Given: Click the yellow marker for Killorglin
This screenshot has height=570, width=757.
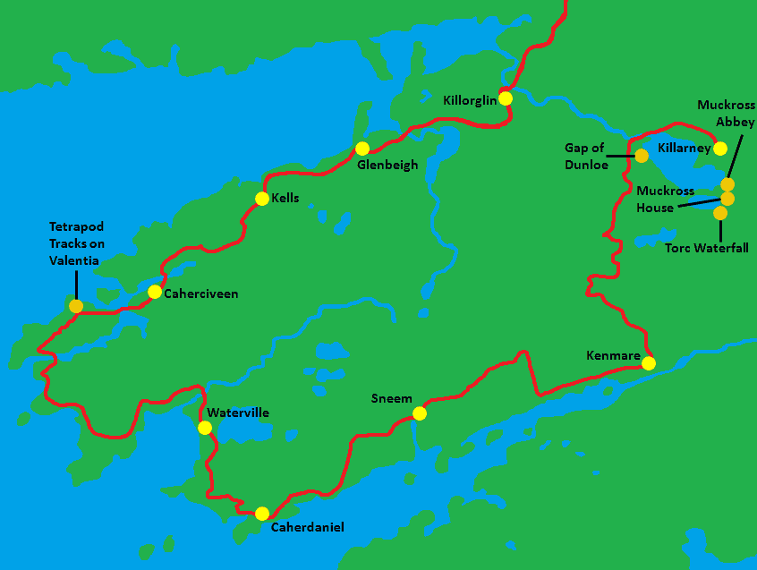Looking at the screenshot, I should tap(506, 98).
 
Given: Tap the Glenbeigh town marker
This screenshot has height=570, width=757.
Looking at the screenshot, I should tap(362, 149).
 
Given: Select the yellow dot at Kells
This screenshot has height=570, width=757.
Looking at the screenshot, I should tap(262, 199).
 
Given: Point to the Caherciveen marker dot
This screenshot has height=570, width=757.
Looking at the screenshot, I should tap(155, 292).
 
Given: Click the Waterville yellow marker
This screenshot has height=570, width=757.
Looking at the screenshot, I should tap(205, 428).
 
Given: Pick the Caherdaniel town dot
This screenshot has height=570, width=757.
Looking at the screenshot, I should tap(262, 514).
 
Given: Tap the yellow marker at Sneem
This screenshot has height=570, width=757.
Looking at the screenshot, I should tap(420, 413).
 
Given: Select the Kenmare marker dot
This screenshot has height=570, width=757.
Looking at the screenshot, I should tap(649, 363).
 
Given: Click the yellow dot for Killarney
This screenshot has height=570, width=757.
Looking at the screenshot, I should tap(720, 149).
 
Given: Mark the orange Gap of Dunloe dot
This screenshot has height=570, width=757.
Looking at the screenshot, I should tap(642, 156).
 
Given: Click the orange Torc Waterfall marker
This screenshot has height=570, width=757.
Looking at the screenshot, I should tap(720, 213).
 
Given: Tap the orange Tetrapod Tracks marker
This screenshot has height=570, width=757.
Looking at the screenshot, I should tap(76, 306).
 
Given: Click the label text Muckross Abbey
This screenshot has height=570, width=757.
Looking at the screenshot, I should tap(726, 113).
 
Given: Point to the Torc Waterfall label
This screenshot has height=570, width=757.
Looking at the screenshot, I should tap(707, 248).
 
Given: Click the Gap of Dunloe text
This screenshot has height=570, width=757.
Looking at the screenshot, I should tap(586, 156).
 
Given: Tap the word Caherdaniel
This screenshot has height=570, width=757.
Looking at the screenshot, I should tap(307, 527).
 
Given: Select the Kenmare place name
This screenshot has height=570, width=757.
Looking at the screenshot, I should tap(613, 356).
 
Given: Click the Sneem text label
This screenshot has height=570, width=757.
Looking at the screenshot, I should tap(392, 399).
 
